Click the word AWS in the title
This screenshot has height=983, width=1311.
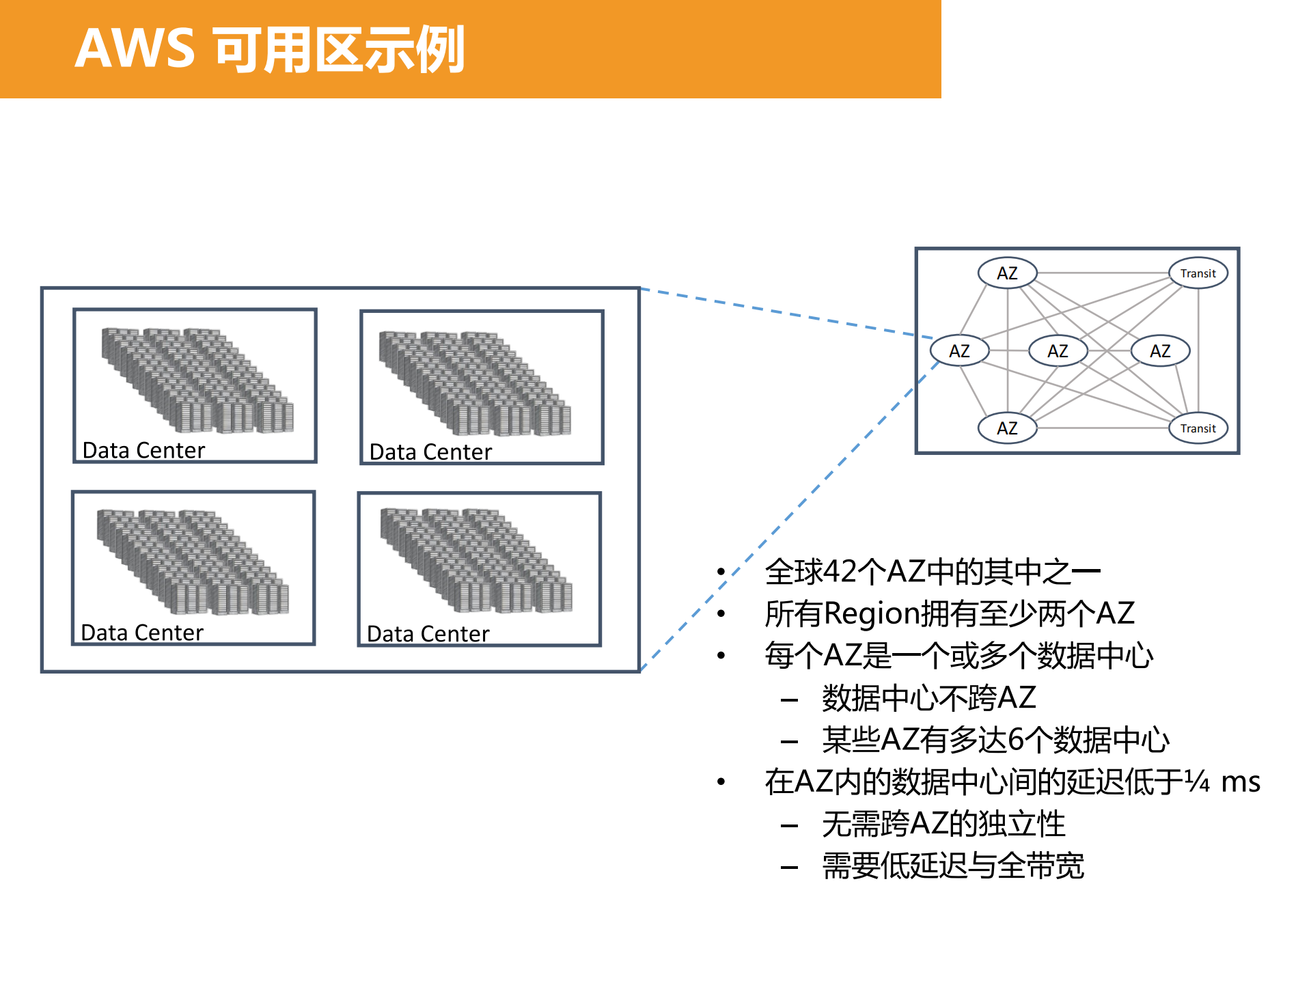click(x=135, y=49)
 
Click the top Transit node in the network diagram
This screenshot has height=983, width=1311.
click(x=1198, y=273)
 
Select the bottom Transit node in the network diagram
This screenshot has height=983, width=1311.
click(x=1198, y=428)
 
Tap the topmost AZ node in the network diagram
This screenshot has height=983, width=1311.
click(x=1007, y=273)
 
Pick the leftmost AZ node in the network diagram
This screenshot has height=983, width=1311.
click(x=959, y=351)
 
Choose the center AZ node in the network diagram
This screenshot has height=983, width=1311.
click(x=1058, y=351)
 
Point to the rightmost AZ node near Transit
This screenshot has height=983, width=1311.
click(x=1160, y=351)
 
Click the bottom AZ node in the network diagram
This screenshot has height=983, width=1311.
click(x=1007, y=428)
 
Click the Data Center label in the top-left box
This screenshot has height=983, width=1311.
click(x=143, y=451)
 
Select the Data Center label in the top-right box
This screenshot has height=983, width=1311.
click(x=430, y=452)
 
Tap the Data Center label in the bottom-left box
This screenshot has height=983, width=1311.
click(x=142, y=633)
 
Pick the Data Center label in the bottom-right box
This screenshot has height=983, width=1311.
click(x=428, y=635)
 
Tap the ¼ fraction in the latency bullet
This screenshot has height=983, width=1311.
click(x=1197, y=781)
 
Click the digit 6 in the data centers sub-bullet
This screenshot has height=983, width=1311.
click(x=1015, y=740)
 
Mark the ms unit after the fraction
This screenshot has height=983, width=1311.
click(x=1240, y=781)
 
